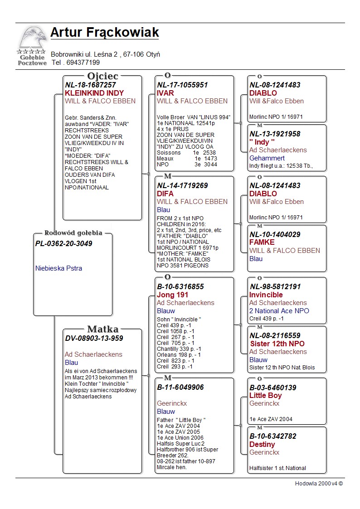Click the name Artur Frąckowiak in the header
(x=104, y=33)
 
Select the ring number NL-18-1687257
(x=90, y=85)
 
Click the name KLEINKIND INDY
(x=94, y=93)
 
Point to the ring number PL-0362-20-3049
(x=63, y=243)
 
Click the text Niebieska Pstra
(x=58, y=268)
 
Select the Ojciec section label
(x=102, y=76)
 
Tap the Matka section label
(x=102, y=330)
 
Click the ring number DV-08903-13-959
(x=94, y=338)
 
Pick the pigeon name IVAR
(x=165, y=93)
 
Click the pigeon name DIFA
(x=165, y=194)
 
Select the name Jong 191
(x=172, y=295)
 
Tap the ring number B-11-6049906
(x=180, y=387)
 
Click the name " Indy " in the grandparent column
(x=262, y=142)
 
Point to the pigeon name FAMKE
(x=262, y=242)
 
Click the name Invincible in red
(x=266, y=295)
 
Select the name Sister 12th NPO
(x=277, y=344)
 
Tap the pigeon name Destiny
(x=262, y=444)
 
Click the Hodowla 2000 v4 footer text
(x=319, y=483)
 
